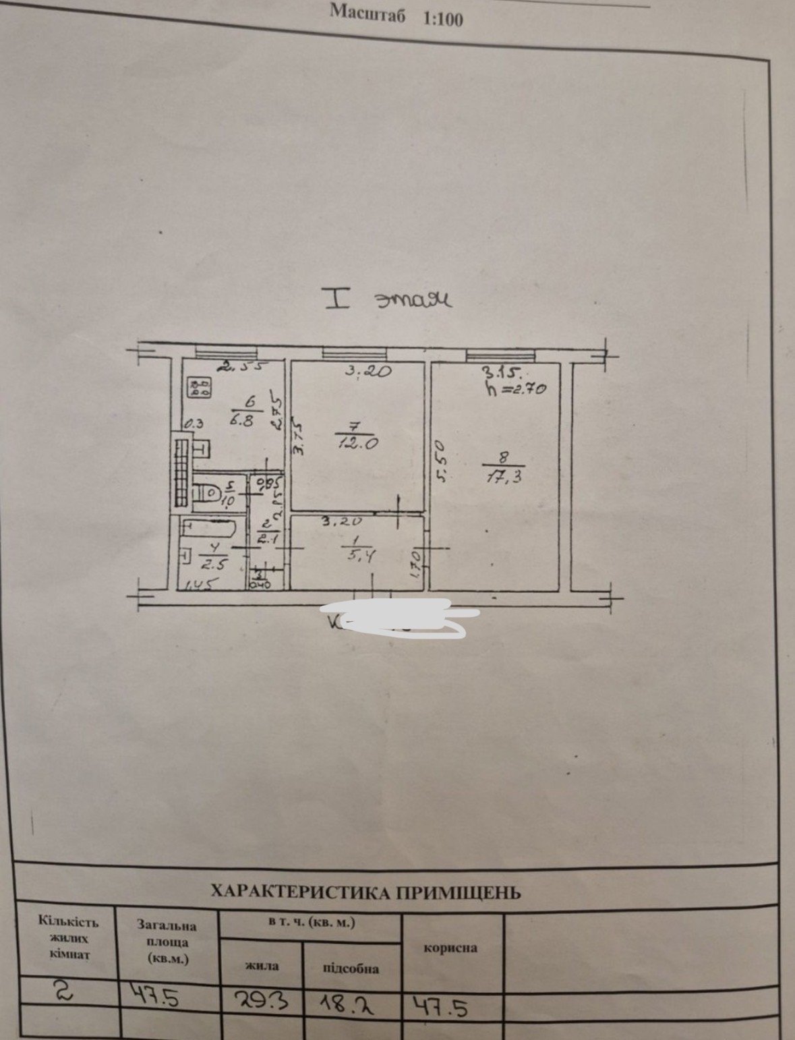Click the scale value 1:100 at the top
[443, 18]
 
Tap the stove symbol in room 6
[200, 387]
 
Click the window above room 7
[354, 352]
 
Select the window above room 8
[501, 353]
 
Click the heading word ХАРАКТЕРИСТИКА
[300, 892]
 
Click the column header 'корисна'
[450, 948]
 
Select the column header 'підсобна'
[351, 969]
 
